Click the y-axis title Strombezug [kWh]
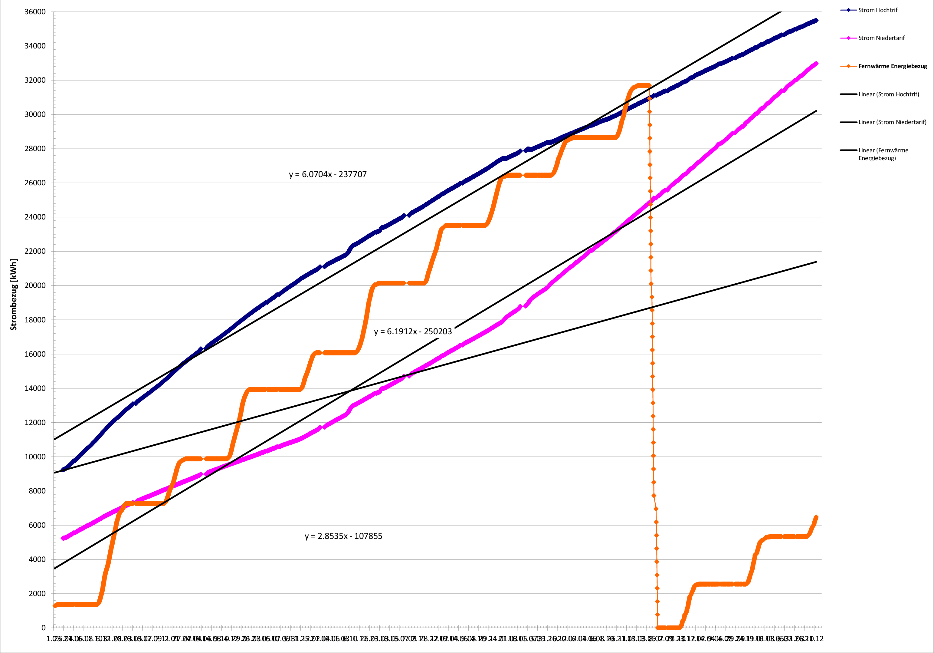(x=14, y=294)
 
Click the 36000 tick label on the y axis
(x=35, y=12)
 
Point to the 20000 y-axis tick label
(x=35, y=285)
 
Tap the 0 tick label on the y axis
(x=43, y=628)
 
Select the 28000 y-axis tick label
(x=35, y=149)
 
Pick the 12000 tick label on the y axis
(x=35, y=423)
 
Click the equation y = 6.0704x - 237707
(x=328, y=174)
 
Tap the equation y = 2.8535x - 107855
(x=343, y=536)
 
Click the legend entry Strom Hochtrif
(x=877, y=10)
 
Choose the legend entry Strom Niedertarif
(x=881, y=38)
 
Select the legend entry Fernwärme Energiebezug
(x=893, y=66)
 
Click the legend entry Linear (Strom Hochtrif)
(x=888, y=94)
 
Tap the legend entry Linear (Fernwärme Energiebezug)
(x=883, y=154)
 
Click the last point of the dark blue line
(x=816, y=20)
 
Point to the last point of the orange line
(x=816, y=517)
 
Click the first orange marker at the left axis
(x=55, y=606)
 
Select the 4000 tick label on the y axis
(x=37, y=559)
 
